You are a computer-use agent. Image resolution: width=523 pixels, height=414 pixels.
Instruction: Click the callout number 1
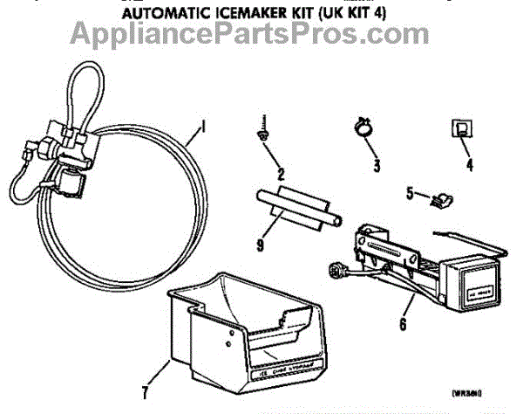click(x=204, y=128)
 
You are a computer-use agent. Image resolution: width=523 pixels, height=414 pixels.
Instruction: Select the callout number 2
click(x=281, y=173)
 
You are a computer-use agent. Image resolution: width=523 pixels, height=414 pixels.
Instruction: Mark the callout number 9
click(x=258, y=246)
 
